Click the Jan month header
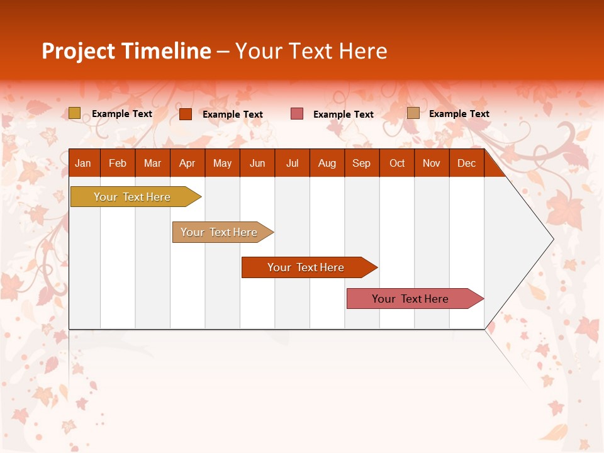(84, 164)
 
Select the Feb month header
(118, 164)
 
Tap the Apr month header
(187, 164)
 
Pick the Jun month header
(257, 164)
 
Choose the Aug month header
(327, 164)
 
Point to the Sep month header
(362, 164)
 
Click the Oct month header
(397, 164)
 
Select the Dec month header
(467, 164)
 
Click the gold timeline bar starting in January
(132, 197)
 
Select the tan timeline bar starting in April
(219, 232)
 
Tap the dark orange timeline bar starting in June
(306, 267)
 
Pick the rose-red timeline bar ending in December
(410, 299)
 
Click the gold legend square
(75, 113)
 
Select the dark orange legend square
(186, 114)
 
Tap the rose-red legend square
(297, 114)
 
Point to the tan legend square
(413, 113)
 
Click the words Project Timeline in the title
(126, 51)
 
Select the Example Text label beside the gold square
(122, 114)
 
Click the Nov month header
(432, 164)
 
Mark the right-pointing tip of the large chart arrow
(552, 239)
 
